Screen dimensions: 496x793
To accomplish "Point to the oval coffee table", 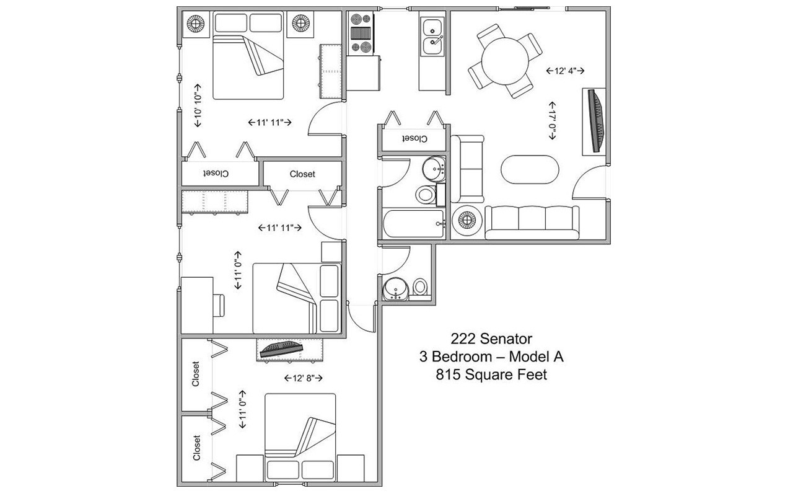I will click(530, 169).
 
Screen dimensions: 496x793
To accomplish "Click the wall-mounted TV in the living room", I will click(596, 122).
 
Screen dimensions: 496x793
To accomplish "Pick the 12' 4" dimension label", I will click(566, 71).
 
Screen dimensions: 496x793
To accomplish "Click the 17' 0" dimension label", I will click(551, 121).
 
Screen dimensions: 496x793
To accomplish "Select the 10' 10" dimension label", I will click(198, 105).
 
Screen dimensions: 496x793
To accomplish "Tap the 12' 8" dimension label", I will click(304, 378).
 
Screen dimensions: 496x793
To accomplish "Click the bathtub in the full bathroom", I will click(413, 224).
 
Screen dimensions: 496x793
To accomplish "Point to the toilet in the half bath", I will click(421, 288).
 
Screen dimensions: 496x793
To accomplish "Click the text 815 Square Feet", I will click(491, 375).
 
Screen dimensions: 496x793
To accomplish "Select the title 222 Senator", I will click(491, 339).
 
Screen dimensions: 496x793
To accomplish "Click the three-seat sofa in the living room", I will click(532, 223).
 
